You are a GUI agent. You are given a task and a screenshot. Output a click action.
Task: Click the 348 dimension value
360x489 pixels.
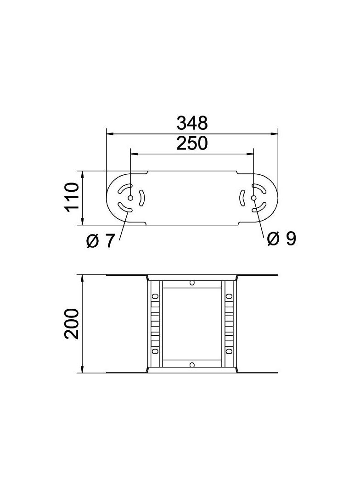tap(192, 123)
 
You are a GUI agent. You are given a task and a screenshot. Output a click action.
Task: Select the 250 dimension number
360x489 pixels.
tap(192, 144)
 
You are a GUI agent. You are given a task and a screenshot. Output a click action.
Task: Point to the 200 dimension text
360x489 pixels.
tap(72, 324)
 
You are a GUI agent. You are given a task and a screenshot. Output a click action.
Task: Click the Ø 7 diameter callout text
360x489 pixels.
tap(100, 240)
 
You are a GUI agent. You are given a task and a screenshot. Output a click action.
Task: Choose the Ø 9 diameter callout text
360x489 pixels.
tap(281, 238)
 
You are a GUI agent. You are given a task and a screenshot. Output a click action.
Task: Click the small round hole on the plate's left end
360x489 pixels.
tap(130, 198)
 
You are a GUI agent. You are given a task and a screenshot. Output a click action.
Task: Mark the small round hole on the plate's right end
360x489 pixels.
tap(254, 198)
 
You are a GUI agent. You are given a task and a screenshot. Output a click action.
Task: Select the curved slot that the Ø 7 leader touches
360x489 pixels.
tap(124, 208)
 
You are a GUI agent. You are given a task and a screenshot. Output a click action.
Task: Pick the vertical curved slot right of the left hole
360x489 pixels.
tap(142, 198)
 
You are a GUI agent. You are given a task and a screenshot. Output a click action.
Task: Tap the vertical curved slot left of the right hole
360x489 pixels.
tap(242, 198)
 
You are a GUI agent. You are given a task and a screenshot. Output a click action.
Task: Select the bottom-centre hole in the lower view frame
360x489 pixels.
tap(192, 365)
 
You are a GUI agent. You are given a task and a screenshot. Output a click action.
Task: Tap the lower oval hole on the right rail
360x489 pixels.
tap(229, 352)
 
